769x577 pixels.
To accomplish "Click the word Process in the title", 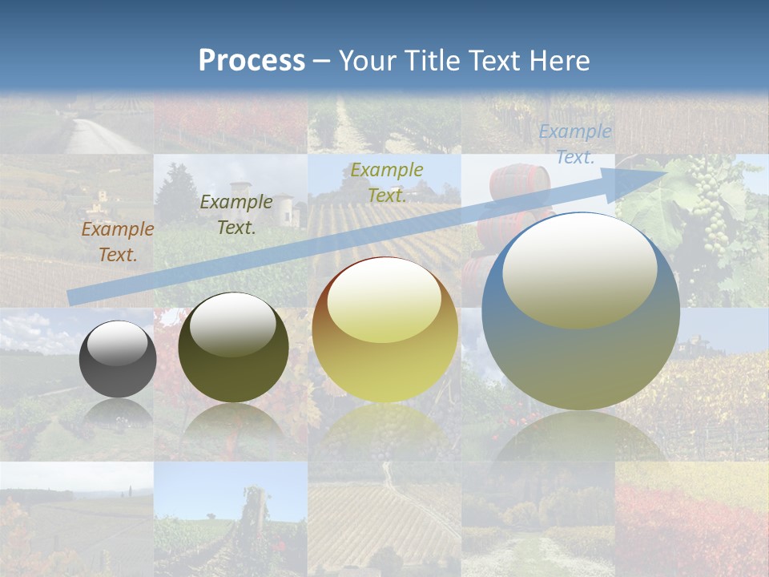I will [252, 61].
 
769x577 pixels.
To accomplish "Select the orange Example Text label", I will [118, 242].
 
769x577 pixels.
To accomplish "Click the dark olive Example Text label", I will [236, 215].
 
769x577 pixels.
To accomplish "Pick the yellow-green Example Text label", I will [386, 183].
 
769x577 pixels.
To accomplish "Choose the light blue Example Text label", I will [575, 144].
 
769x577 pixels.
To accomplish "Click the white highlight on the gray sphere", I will [117, 344].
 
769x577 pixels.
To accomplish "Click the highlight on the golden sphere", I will [384, 301].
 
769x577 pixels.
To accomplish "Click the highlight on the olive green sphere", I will [232, 323].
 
